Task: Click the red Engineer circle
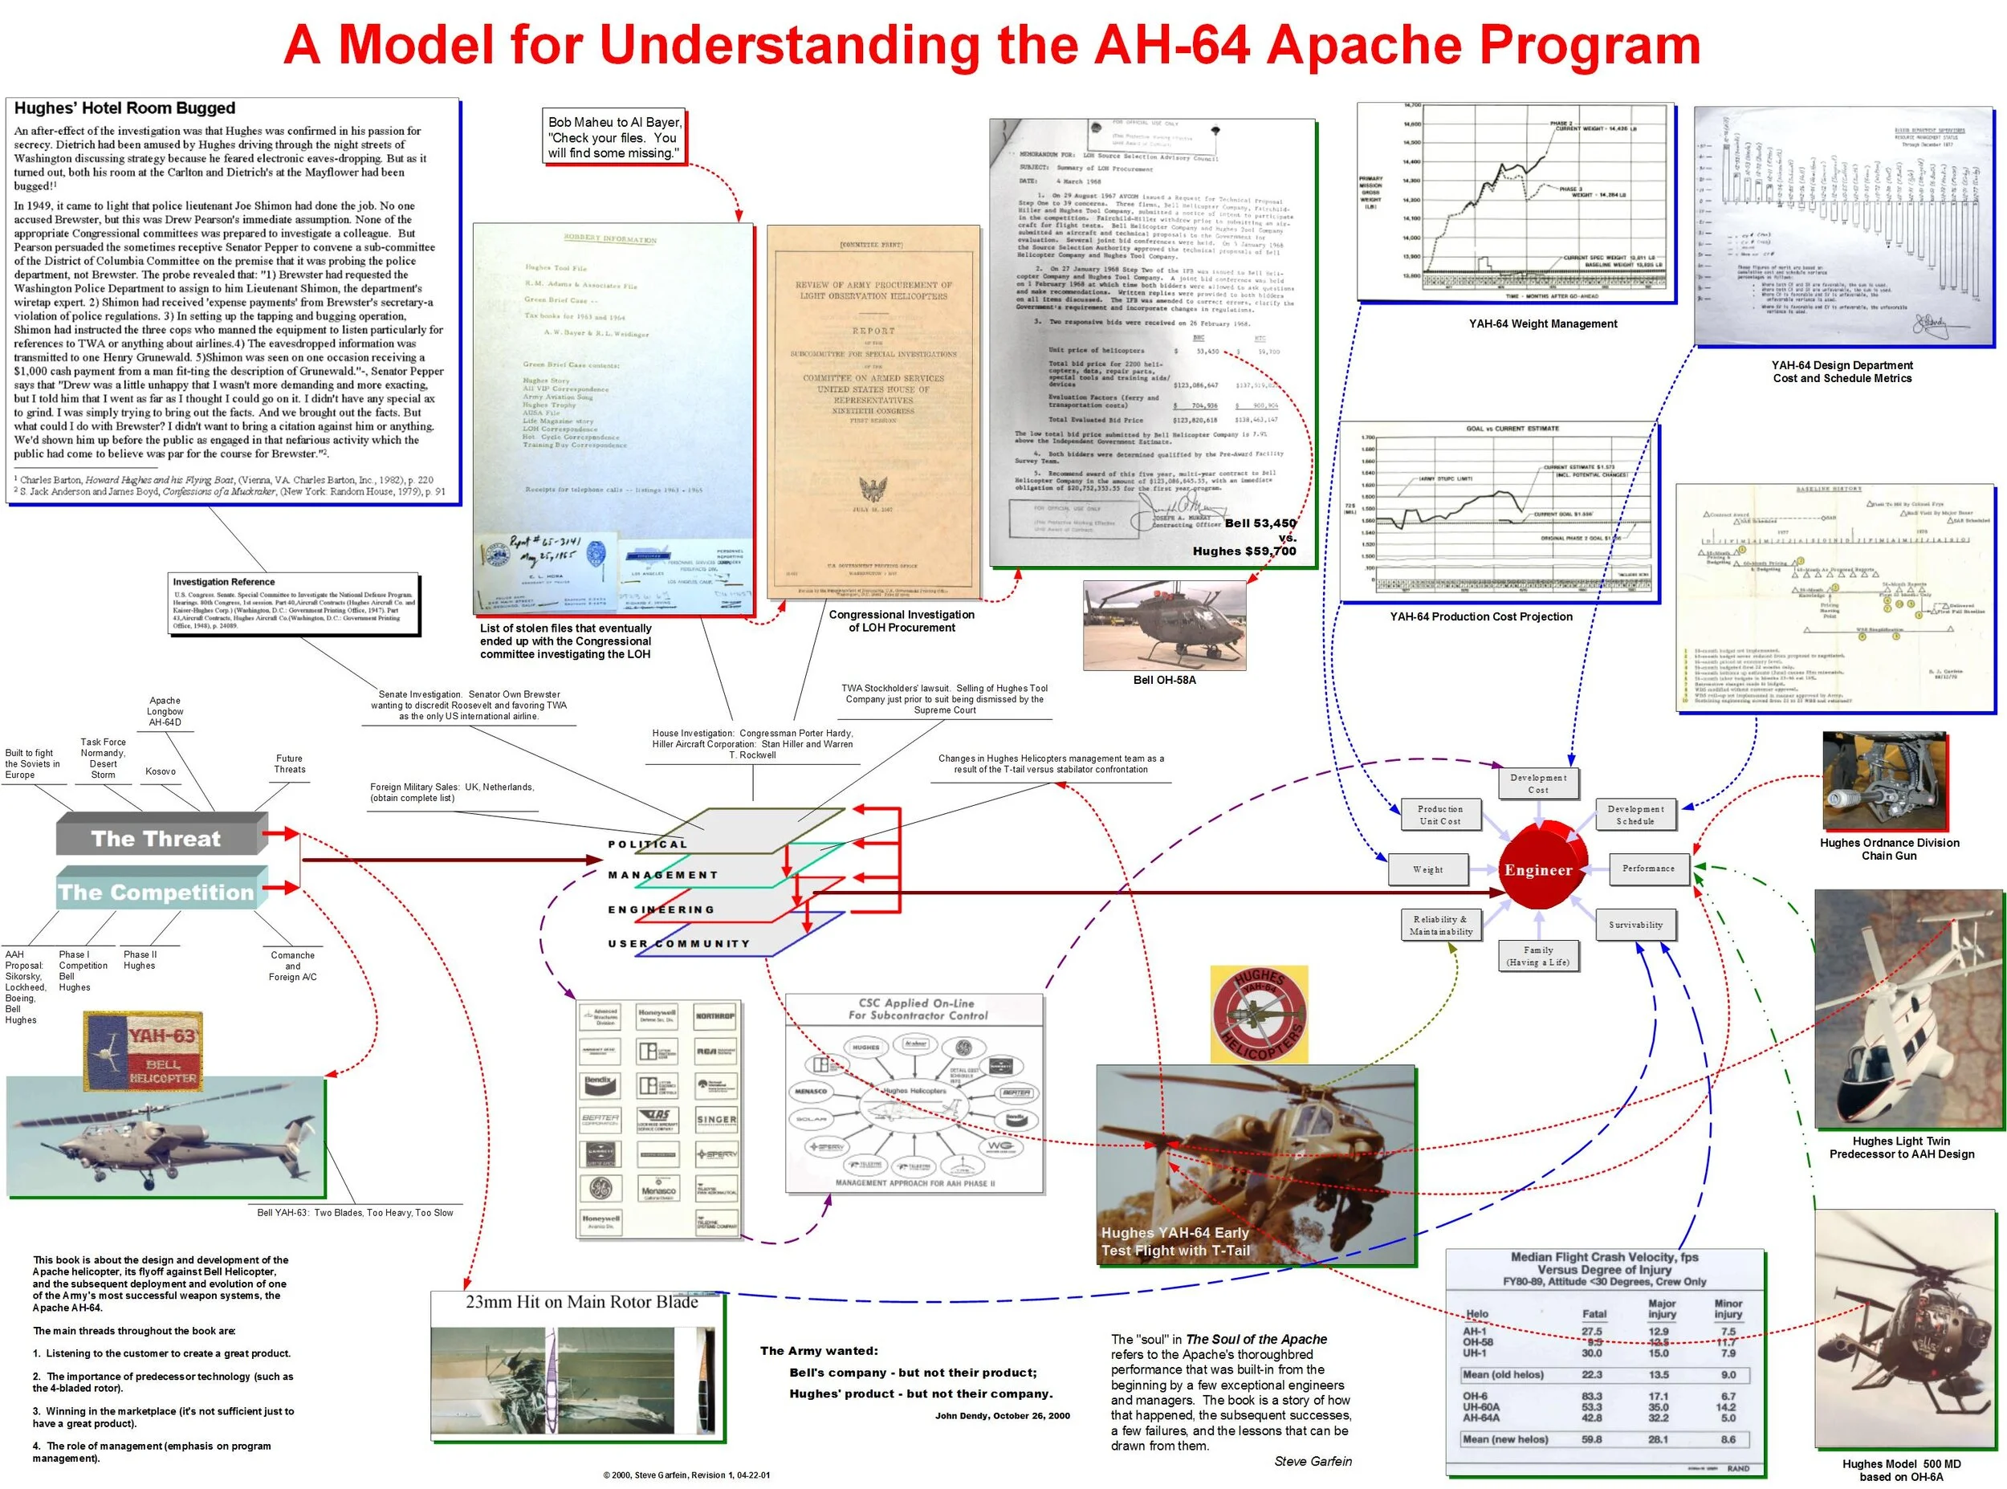pyautogui.click(x=1537, y=870)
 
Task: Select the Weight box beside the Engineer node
pyautogui.click(x=1427, y=870)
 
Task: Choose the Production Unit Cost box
pyautogui.click(x=1439, y=815)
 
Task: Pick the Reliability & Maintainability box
pyautogui.click(x=1441, y=926)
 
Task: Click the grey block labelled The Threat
pyautogui.click(x=156, y=838)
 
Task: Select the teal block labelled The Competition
pyautogui.click(x=156, y=893)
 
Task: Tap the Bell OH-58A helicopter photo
pyautogui.click(x=1164, y=625)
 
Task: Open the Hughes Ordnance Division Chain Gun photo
pyautogui.click(x=1883, y=782)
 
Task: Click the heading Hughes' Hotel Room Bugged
pyautogui.click(x=124, y=108)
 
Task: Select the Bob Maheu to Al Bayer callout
pyautogui.click(x=615, y=137)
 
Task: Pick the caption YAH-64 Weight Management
pyautogui.click(x=1543, y=323)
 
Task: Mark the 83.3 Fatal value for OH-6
pyautogui.click(x=1591, y=1396)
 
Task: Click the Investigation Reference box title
pyautogui.click(x=223, y=582)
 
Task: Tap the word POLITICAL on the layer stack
pyautogui.click(x=647, y=844)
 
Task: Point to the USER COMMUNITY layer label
pyautogui.click(x=678, y=944)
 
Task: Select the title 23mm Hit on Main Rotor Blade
pyautogui.click(x=581, y=1303)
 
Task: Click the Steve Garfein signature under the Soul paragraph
pyautogui.click(x=1312, y=1461)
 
